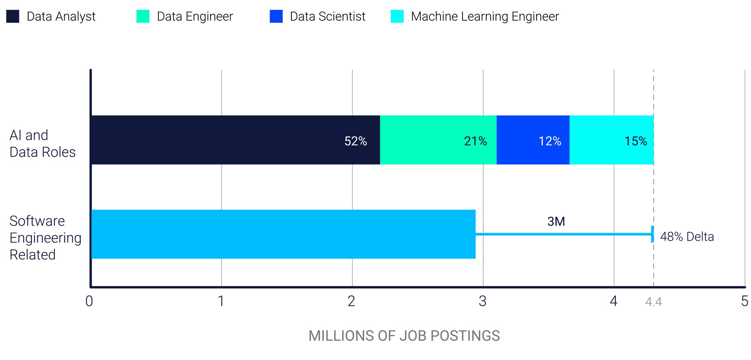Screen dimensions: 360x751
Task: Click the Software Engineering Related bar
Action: coord(284,234)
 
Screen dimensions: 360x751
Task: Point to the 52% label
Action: coord(356,141)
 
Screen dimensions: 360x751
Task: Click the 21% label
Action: coord(475,141)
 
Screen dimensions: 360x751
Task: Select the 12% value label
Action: coord(550,141)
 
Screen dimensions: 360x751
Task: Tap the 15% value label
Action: coord(636,141)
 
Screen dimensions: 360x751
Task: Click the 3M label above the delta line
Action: coord(556,221)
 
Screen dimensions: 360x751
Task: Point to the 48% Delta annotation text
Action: coord(687,237)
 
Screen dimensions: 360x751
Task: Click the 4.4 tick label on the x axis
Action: coord(653,302)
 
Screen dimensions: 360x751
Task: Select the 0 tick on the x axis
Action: coord(89,301)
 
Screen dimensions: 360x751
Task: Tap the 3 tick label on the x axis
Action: coord(483,301)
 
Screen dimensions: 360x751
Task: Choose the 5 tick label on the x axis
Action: coord(744,301)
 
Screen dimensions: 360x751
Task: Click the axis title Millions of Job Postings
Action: coord(404,336)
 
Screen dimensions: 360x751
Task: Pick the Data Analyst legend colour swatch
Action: coord(13,17)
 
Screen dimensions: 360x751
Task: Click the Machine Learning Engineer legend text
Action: coord(485,17)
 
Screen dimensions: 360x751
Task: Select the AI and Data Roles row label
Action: coord(42,143)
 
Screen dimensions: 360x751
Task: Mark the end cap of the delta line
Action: coord(653,234)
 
